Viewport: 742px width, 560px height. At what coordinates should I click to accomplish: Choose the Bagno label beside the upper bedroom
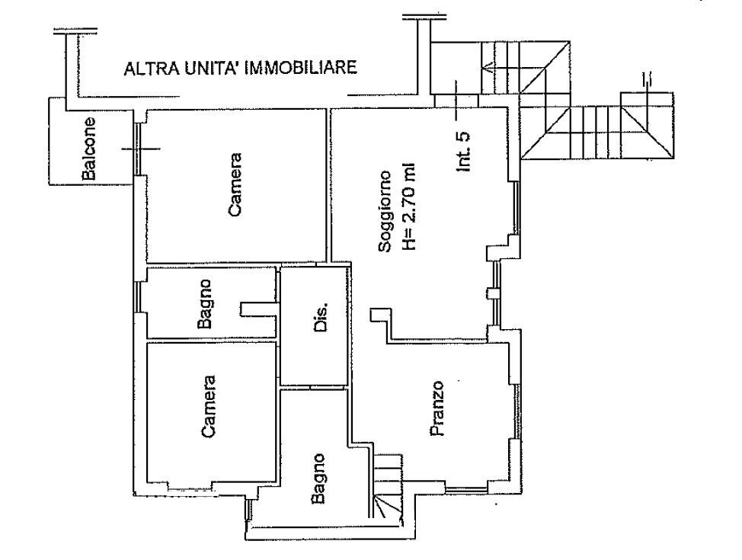[205, 303]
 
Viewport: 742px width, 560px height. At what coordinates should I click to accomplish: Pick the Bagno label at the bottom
[318, 478]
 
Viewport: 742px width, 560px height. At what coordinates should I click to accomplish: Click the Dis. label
[321, 318]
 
